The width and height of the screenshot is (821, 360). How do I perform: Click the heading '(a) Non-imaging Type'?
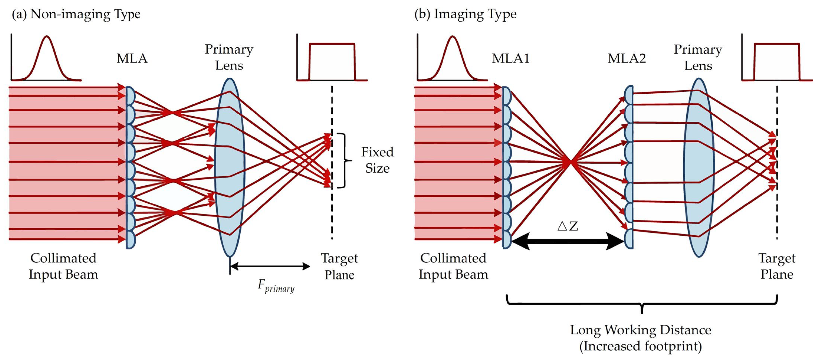point(76,14)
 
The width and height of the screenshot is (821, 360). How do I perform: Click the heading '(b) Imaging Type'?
point(465,14)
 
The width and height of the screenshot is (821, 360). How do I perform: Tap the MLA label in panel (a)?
point(132,58)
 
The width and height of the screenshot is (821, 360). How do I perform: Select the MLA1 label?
point(511,58)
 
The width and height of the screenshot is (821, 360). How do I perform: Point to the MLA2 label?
point(627,58)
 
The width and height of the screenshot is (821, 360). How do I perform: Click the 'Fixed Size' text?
point(377,160)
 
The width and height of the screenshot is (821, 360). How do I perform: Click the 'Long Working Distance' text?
point(641,330)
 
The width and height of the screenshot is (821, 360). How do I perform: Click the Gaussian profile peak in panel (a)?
point(47,37)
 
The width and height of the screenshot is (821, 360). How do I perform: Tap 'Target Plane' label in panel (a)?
point(339,266)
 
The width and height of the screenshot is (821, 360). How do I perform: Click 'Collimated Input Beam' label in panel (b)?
point(453,266)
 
